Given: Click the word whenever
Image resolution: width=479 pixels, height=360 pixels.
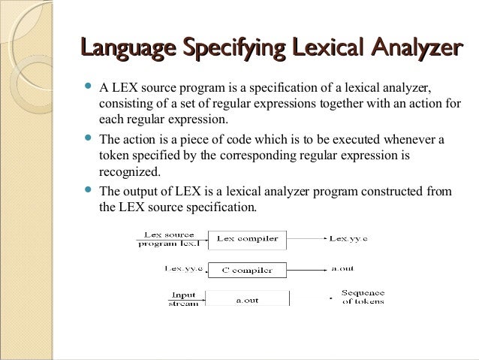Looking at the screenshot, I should pos(409,139).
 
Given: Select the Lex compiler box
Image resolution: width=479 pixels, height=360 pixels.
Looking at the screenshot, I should pos(247,240).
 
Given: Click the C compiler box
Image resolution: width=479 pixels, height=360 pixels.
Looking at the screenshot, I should pos(247,270).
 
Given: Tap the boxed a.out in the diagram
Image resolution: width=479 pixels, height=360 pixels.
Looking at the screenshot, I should pos(247,299).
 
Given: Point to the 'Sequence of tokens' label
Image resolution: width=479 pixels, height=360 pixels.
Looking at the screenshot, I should pos(363,297).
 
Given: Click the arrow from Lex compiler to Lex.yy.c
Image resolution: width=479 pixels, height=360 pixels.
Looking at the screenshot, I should pos(305,240).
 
